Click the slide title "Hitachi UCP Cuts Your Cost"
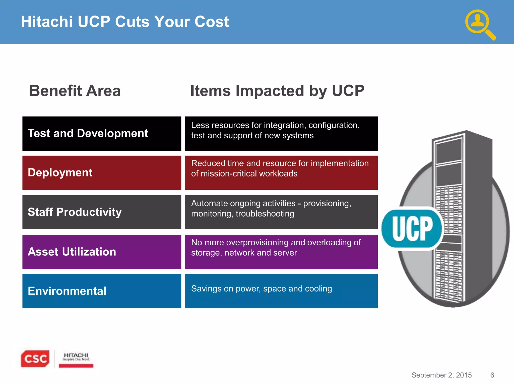pyautogui.click(x=125, y=22)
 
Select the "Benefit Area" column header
pyautogui.click(x=75, y=91)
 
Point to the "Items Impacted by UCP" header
pyautogui.click(x=277, y=91)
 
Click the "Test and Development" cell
pyautogui.click(x=88, y=133)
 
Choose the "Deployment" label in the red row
pyautogui.click(x=60, y=173)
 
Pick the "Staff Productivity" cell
pyautogui.click(x=75, y=212)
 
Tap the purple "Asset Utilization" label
pyautogui.click(x=72, y=252)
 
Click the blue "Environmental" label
pyautogui.click(x=67, y=291)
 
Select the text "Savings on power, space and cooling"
pyautogui.click(x=262, y=289)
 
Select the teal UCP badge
pyautogui.click(x=412, y=228)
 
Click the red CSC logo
pyautogui.click(x=35, y=359)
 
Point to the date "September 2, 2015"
pyautogui.click(x=441, y=375)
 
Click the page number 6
pyautogui.click(x=492, y=375)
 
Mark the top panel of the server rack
pyautogui.click(x=449, y=150)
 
